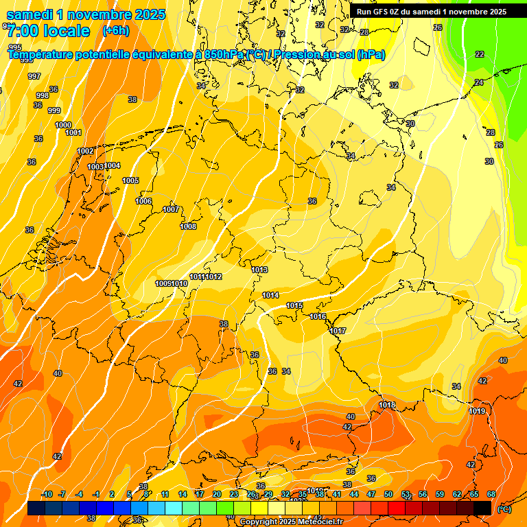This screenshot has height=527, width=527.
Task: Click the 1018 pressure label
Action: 387,406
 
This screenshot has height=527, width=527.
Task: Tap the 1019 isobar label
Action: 478,411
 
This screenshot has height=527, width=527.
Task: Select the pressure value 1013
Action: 259,270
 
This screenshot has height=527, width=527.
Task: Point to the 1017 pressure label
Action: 338,331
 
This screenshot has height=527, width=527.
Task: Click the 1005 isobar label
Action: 130,181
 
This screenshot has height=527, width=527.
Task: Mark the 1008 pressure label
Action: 188,227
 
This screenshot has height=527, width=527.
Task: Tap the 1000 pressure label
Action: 63,125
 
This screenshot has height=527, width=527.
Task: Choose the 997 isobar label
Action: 34,76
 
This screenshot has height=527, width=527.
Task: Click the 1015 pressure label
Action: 295,305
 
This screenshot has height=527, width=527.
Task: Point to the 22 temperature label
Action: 480,54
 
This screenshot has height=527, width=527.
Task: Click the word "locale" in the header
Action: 66,31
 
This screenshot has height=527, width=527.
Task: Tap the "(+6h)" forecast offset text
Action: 115,31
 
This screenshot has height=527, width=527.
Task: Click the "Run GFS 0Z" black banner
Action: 431,12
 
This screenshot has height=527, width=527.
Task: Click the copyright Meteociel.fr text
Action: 291,522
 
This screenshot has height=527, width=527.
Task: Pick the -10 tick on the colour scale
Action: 47,494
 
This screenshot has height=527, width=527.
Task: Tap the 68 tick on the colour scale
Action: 491,494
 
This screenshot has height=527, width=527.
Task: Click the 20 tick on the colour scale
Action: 217,494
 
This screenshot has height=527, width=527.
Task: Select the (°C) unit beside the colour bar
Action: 504,508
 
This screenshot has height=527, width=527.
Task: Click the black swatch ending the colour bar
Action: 482,508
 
